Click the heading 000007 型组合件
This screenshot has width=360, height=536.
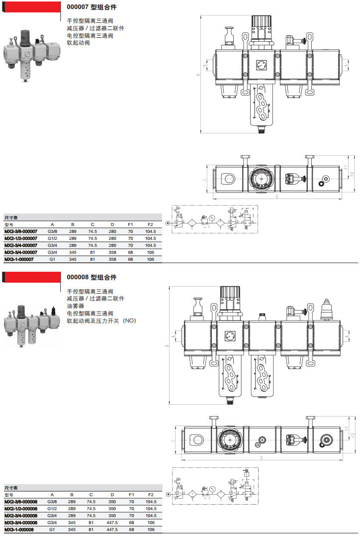pos(91,7)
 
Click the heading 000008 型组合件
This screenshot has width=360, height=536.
pos(91,277)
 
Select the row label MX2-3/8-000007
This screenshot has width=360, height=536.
pos(20,231)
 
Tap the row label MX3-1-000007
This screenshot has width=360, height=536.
pos(18,259)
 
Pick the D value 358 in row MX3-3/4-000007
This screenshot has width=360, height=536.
pos(112,252)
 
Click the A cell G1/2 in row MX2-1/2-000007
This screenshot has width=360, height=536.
pos(52,238)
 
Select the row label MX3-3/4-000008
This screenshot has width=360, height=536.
pos(20,523)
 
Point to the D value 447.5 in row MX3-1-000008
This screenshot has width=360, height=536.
pos(112,530)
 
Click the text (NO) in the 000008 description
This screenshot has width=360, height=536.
pos(129,321)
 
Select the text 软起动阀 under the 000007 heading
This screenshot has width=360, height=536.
pos(78,43)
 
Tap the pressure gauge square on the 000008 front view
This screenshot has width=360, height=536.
pos(230,336)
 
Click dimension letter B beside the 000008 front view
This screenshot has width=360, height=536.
pos(167,347)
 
